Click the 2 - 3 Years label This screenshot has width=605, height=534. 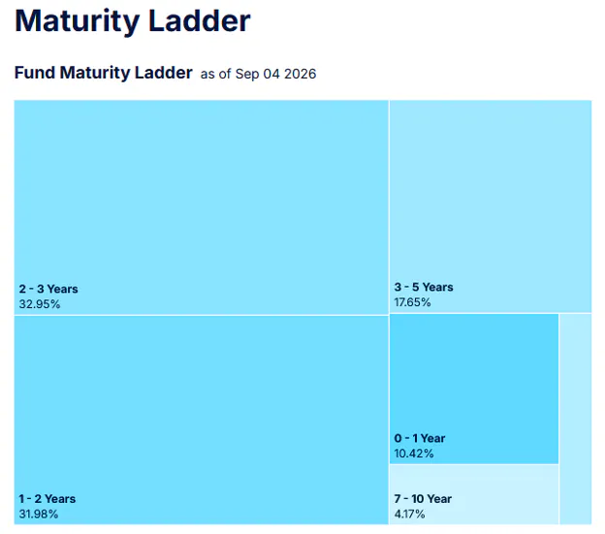pos(48,289)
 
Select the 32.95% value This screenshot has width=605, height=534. pos(40,304)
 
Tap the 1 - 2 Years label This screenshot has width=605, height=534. pos(48,498)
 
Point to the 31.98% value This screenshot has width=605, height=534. pos(39,514)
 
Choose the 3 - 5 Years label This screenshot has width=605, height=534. pos(424,287)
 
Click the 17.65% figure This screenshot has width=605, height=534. pos(412,302)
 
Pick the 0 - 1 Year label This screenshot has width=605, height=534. pos(420,438)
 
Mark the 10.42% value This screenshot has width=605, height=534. pos(414,454)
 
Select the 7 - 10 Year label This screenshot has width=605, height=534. pos(423,498)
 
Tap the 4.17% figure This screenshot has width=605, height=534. pos(409,514)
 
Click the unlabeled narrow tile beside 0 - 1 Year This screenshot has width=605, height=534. pos(575,419)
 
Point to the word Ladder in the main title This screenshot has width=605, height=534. pos(200,20)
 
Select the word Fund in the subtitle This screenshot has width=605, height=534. pos(34,73)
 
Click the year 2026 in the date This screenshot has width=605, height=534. pos(301,74)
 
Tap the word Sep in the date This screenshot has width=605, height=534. pos(247,75)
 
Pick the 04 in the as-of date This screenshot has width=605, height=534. pos(271,74)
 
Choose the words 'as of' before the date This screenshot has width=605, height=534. pos(215,74)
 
